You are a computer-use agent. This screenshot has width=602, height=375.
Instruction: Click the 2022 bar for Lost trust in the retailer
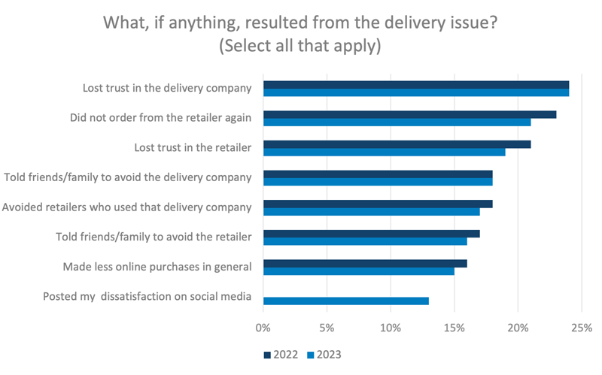click(397, 144)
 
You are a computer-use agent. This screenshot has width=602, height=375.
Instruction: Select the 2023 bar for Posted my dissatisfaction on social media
click(345, 301)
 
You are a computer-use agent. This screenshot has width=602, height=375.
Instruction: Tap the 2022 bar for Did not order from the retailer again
click(409, 114)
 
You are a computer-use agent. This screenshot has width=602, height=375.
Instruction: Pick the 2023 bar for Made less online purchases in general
click(358, 271)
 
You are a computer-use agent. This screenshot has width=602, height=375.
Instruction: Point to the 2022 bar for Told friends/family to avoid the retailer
click(371, 233)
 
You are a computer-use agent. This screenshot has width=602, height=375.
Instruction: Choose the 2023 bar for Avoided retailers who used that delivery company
click(371, 212)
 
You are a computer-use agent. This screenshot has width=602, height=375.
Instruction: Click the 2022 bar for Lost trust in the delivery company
click(415, 85)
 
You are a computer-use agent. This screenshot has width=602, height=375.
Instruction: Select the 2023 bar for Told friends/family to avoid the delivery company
click(377, 182)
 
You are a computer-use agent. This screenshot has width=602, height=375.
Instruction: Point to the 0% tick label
click(263, 328)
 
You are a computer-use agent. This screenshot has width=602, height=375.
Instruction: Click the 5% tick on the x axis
click(327, 328)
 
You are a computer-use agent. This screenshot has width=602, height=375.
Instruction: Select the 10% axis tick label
click(390, 328)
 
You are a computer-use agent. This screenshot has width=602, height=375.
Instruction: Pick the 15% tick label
click(454, 328)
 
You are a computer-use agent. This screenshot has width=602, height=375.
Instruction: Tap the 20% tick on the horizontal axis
click(518, 328)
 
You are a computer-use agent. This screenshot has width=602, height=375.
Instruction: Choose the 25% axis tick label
click(581, 328)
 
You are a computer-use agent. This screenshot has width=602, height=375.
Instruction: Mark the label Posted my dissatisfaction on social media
click(147, 296)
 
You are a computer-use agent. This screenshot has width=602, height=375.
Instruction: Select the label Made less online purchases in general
click(157, 266)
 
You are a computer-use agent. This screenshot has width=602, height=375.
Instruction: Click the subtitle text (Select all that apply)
click(301, 45)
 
